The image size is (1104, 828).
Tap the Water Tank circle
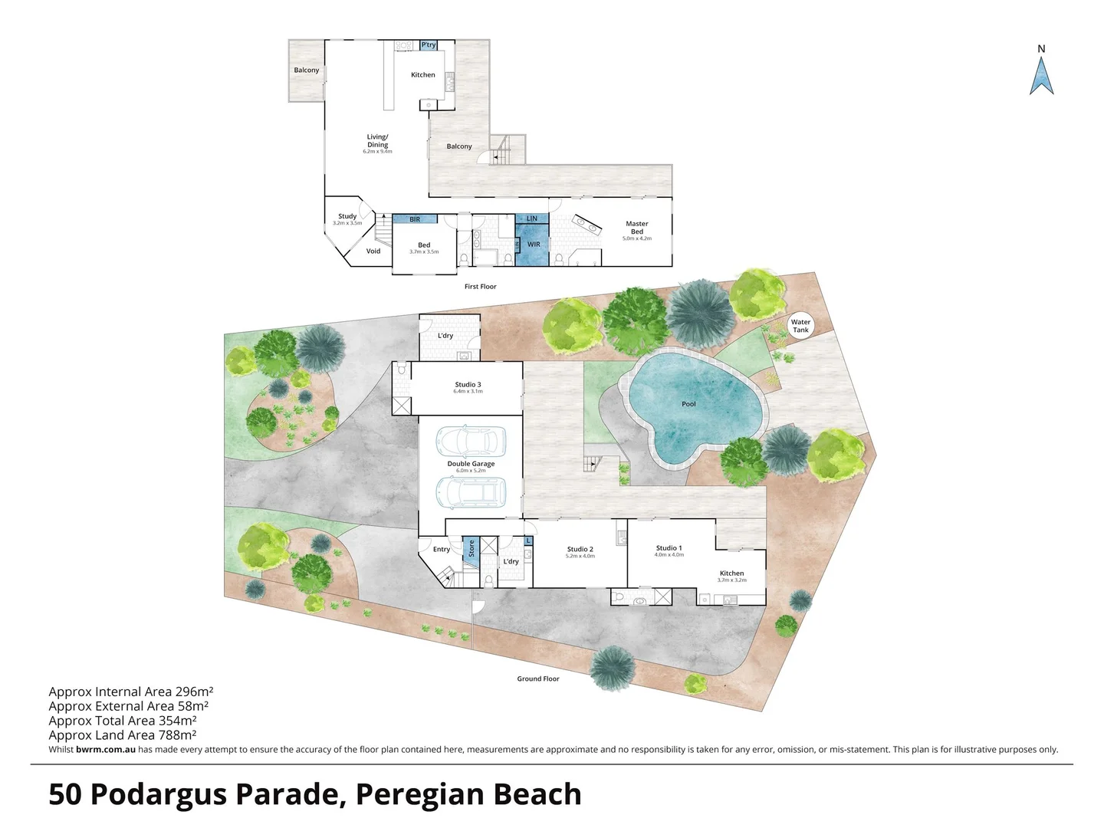800,326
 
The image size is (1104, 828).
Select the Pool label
688,404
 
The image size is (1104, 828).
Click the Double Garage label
471,464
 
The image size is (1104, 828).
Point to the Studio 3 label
468,385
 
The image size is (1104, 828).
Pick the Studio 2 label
580,549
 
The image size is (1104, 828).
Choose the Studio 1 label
669,548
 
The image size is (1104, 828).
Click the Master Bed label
636,228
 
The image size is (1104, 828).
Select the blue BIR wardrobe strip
415,219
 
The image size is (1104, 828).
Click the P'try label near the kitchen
429,45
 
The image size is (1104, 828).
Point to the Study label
347,216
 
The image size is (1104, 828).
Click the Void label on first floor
373,251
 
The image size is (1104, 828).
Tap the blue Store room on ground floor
471,550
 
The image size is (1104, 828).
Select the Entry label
442,549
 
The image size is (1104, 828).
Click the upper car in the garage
471,441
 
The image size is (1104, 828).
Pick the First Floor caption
480,287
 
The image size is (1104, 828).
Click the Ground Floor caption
537,678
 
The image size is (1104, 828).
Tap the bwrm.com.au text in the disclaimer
106,750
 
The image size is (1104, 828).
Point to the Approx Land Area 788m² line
123,734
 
